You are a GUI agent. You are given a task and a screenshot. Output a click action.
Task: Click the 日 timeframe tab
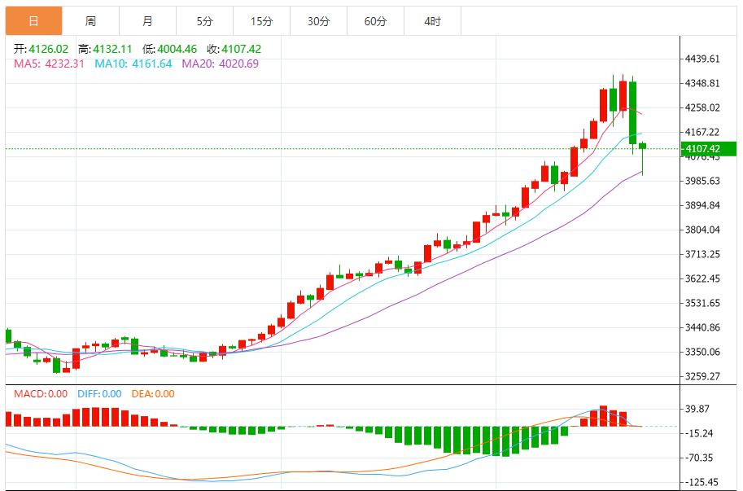pyautogui.click(x=33, y=21)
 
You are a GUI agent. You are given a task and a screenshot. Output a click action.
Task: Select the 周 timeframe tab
pyautogui.click(x=90, y=21)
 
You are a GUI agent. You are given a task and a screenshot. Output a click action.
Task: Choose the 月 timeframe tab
pyautogui.click(x=147, y=21)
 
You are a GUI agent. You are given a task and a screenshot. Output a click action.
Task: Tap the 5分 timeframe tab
pyautogui.click(x=204, y=21)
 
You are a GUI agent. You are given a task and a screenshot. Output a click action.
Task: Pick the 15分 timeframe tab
pyautogui.click(x=261, y=21)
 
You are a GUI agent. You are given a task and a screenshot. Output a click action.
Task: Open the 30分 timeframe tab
pyautogui.click(x=318, y=21)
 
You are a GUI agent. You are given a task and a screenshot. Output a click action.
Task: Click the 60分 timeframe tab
pyautogui.click(x=375, y=21)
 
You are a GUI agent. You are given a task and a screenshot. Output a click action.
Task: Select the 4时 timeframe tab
pyautogui.click(x=432, y=21)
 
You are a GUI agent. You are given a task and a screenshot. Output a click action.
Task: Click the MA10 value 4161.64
pyautogui.click(x=146, y=64)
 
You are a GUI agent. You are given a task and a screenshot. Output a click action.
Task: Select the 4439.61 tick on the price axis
pyautogui.click(x=703, y=59)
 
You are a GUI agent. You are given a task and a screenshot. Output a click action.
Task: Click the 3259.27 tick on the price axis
pyautogui.click(x=703, y=376)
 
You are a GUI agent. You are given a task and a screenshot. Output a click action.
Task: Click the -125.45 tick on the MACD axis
pyautogui.click(x=701, y=482)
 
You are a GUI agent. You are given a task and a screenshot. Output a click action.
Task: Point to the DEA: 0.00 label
pyautogui.click(x=154, y=394)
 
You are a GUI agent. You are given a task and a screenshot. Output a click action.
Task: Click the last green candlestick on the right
pyautogui.click(x=643, y=147)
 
